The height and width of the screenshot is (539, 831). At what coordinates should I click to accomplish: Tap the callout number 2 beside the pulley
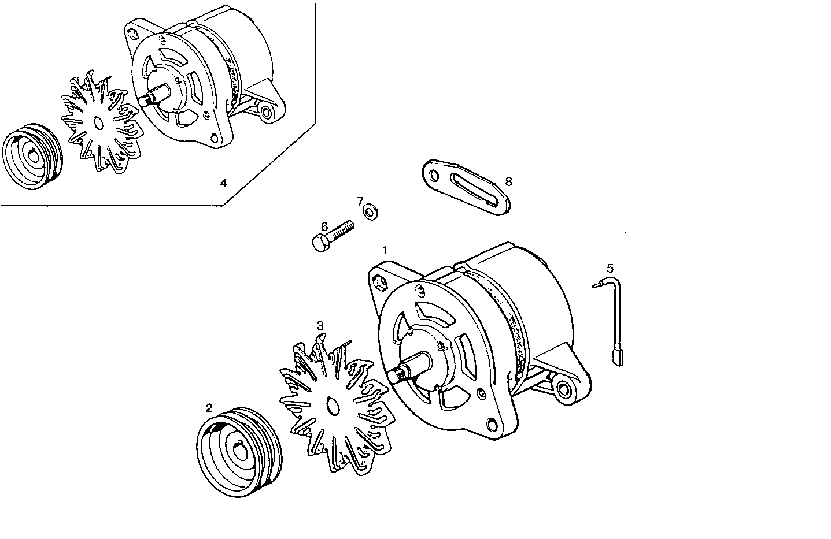point(209,407)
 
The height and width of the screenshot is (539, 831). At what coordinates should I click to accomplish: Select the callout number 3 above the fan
point(320,326)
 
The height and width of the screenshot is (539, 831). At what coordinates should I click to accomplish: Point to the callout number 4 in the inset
point(224,184)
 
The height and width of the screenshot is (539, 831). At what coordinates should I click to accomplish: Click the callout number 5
point(610,268)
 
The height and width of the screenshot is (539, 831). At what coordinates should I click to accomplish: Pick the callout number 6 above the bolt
point(324,226)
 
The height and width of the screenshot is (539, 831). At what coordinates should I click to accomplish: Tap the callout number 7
point(360,201)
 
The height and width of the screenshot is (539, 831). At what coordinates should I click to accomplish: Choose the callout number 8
point(508,181)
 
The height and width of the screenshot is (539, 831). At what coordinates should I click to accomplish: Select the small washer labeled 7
point(370,212)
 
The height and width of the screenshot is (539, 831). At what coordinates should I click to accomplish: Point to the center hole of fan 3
point(332,406)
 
